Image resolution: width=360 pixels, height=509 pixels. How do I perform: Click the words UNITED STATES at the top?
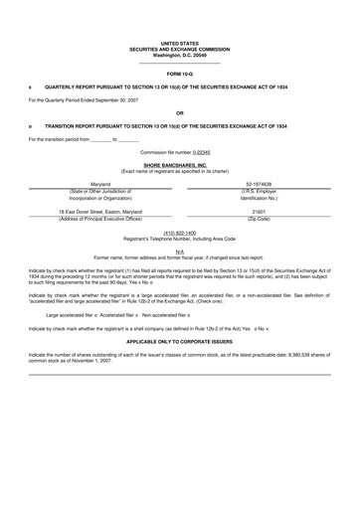pos(179,44)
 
